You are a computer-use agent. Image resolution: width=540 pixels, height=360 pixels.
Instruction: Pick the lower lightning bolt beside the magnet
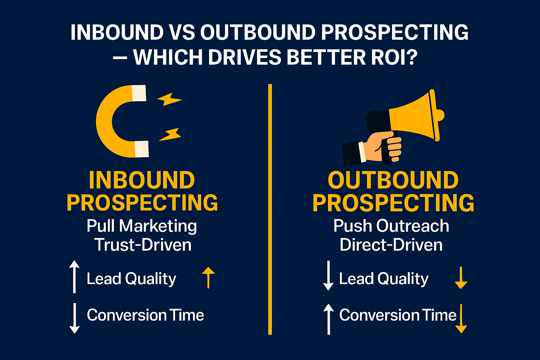(170, 134)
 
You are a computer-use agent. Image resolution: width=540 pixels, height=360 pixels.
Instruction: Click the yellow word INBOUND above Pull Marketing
(142, 180)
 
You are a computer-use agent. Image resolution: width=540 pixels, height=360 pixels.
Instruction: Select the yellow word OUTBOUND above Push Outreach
(393, 180)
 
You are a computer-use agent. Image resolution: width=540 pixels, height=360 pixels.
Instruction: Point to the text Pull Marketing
(142, 226)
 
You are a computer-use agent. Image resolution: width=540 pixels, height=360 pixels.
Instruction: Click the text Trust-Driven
(143, 245)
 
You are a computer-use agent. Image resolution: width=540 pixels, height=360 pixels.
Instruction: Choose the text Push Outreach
(391, 226)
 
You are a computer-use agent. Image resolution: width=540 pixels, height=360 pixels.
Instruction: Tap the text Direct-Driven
(391, 245)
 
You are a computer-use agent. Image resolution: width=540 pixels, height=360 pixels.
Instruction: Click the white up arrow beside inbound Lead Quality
(74, 277)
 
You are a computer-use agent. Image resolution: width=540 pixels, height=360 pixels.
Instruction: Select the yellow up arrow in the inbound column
(208, 277)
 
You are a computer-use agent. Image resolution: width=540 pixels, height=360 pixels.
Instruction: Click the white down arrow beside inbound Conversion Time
(74, 318)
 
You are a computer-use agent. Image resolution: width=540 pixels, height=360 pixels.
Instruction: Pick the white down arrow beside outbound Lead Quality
(328, 275)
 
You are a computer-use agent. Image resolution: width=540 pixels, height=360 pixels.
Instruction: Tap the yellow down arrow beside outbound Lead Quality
(461, 278)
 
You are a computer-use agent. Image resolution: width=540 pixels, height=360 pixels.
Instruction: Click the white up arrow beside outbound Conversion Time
(328, 319)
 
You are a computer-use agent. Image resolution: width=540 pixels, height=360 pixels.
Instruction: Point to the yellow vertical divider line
(270, 209)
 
